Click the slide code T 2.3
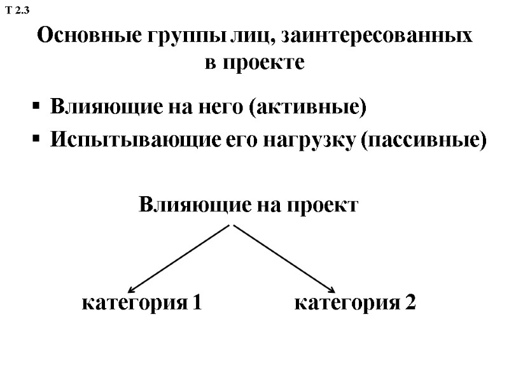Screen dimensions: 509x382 [17, 10]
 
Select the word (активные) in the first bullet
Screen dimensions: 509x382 [309, 106]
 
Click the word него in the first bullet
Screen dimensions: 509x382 [220, 106]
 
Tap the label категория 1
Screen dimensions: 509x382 [142, 303]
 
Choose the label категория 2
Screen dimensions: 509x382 [355, 303]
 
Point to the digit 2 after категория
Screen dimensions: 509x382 [410, 303]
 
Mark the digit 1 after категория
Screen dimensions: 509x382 [197, 303]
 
